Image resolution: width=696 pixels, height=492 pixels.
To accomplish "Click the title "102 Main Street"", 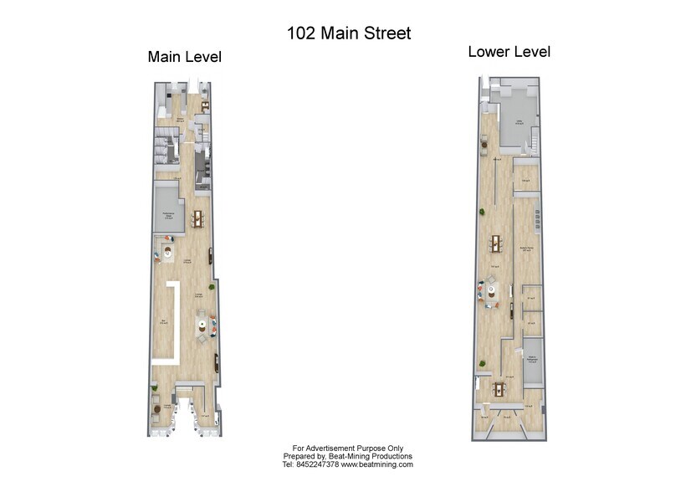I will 349,33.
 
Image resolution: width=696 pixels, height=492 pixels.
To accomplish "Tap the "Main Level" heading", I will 184,57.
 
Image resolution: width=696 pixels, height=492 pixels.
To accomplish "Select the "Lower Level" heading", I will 509,52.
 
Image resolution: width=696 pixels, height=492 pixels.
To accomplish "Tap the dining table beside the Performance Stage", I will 197,218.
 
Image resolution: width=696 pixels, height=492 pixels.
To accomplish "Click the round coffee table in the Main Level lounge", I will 202,325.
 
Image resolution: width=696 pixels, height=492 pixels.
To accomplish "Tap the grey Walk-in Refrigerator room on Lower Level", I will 532,361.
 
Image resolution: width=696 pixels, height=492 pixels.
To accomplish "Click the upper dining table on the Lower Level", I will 497,243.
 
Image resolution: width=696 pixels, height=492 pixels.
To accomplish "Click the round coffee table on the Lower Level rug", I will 494,291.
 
